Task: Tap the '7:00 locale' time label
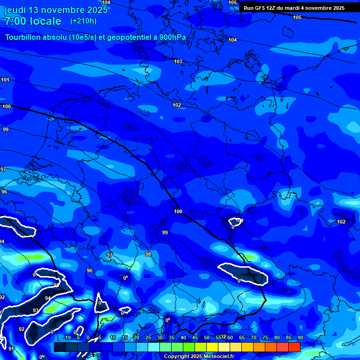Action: point(33,21)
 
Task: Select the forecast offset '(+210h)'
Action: point(83,21)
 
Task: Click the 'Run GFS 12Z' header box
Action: point(294,8)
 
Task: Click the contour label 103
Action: point(178,61)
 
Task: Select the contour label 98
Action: point(148,254)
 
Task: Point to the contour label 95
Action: point(56,285)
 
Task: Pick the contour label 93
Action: point(36,311)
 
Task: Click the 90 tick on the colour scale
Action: point(300,338)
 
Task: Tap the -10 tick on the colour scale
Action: point(67,338)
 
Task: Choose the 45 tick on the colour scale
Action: point(195,338)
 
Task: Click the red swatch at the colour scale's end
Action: point(294,347)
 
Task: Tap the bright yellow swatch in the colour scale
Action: point(212,347)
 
